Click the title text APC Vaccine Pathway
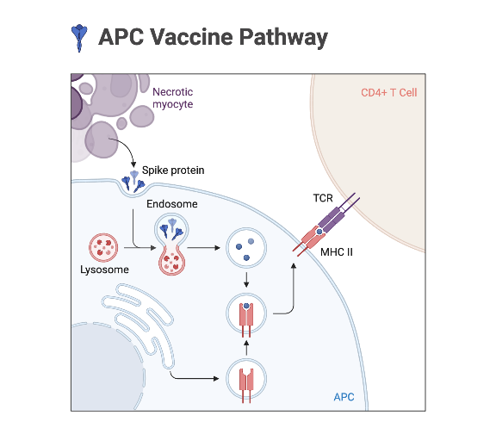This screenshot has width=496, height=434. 213,37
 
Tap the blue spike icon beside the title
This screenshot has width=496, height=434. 79,35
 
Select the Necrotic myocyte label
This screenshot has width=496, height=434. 172,97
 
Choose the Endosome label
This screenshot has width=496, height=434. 172,204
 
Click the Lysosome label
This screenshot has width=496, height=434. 105,270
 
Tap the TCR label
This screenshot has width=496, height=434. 323,198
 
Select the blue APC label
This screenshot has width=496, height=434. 345,396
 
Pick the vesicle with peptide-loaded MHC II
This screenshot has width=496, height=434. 247,315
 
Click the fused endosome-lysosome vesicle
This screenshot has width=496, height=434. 172,245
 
